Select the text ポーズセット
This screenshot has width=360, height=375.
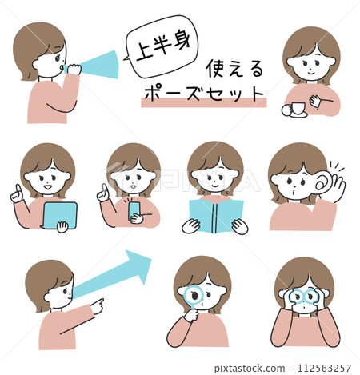[203, 92]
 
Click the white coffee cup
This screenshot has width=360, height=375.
[294, 108]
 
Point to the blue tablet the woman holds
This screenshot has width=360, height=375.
[59, 215]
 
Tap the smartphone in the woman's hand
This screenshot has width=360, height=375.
[134, 209]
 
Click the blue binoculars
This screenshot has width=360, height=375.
[304, 297]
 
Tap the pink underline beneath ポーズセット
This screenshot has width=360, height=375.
[203, 103]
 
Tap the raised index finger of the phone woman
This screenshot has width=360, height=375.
[102, 191]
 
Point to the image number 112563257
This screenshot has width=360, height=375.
[323, 367]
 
